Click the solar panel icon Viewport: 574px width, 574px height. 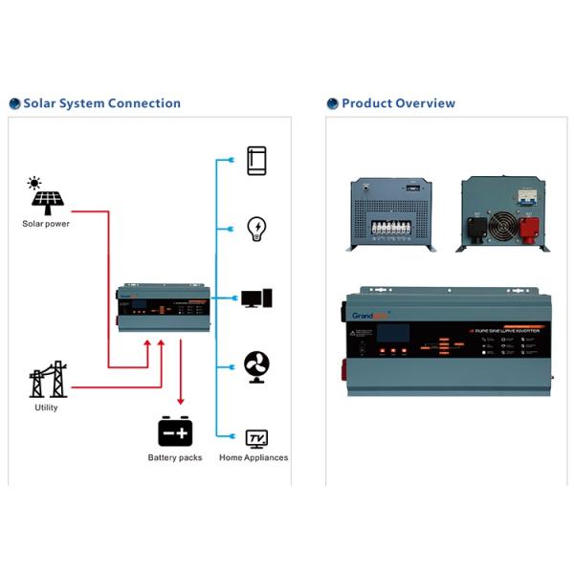(47, 202)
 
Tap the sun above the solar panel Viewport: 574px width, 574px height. (34, 183)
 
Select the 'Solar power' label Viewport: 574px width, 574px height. (46, 224)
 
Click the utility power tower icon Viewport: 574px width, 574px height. (48, 380)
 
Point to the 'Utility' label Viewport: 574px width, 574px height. (46, 408)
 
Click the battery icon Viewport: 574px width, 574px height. (175, 431)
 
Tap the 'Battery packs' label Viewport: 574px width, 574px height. (176, 457)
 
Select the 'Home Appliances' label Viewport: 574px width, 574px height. (254, 457)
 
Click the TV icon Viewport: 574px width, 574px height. (256, 439)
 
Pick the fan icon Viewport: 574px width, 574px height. (256, 367)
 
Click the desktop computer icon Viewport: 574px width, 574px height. (256, 298)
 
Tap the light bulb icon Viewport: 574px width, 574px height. (256, 229)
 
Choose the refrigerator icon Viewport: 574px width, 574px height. (256, 161)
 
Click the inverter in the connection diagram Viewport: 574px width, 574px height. (163, 307)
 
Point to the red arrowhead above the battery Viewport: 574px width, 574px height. (180, 402)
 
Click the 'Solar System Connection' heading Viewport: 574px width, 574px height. (101, 103)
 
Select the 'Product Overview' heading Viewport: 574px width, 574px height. (398, 103)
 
